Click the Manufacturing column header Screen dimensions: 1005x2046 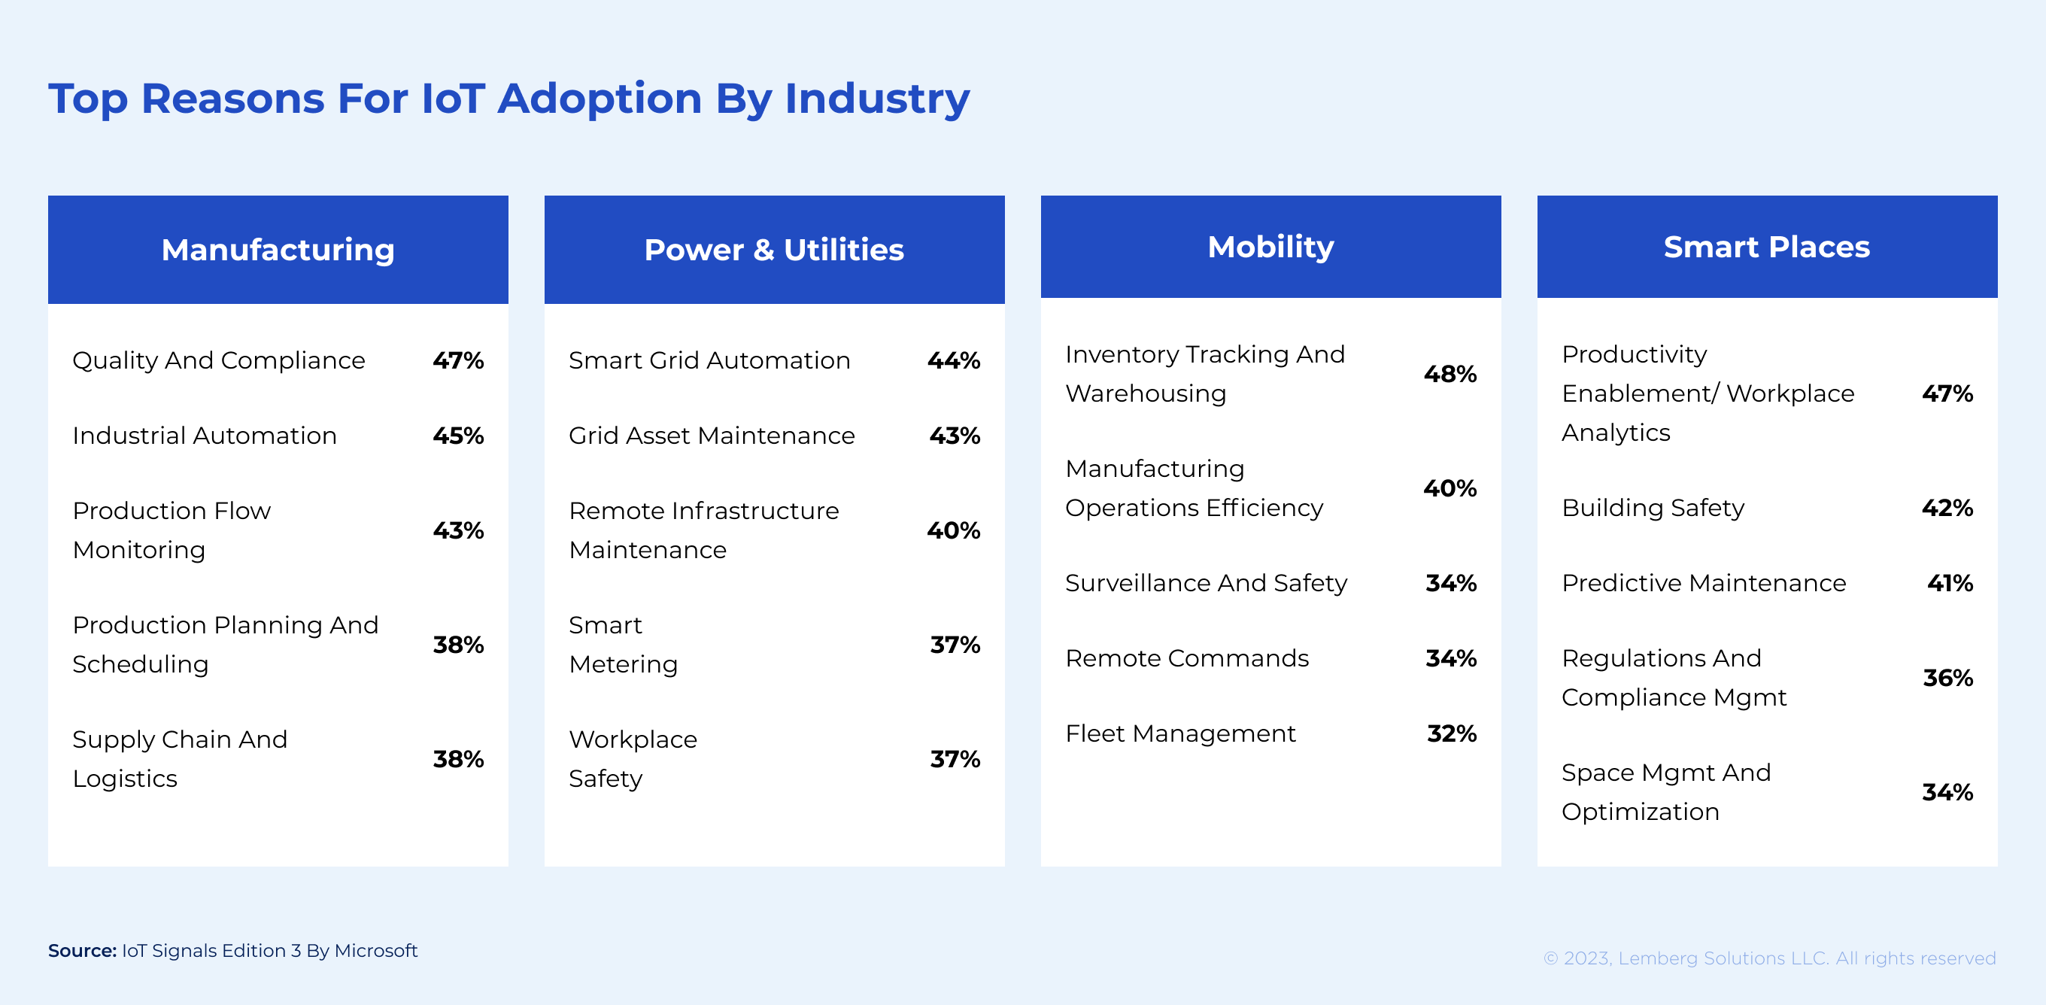278,250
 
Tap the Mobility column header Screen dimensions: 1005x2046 1270,246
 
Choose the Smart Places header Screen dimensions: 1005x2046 1766,246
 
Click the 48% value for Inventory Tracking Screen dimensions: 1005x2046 1450,373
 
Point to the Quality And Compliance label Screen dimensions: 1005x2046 218,360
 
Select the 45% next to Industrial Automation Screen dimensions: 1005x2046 457,436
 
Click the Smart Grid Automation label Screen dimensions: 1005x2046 709,360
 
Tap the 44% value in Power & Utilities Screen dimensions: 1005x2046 953,360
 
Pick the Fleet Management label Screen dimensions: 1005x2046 1180,733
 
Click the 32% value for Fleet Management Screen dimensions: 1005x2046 1451,733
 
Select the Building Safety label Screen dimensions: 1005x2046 1652,508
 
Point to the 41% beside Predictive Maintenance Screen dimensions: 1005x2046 1949,583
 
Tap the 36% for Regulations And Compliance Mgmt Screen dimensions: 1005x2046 1947,678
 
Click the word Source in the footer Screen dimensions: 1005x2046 82,950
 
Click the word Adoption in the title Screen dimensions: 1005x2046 600,99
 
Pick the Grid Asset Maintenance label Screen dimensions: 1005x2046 712,436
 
